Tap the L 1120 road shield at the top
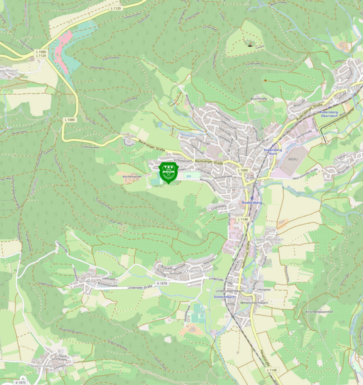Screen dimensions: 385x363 tap(116, 8)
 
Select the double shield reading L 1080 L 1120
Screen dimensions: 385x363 tap(41, 53)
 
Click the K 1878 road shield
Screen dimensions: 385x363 tap(162, 283)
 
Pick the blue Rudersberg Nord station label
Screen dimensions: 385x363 tap(273, 151)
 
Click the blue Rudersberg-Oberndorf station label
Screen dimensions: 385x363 tap(333, 114)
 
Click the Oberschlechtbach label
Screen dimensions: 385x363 tap(269, 239)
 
